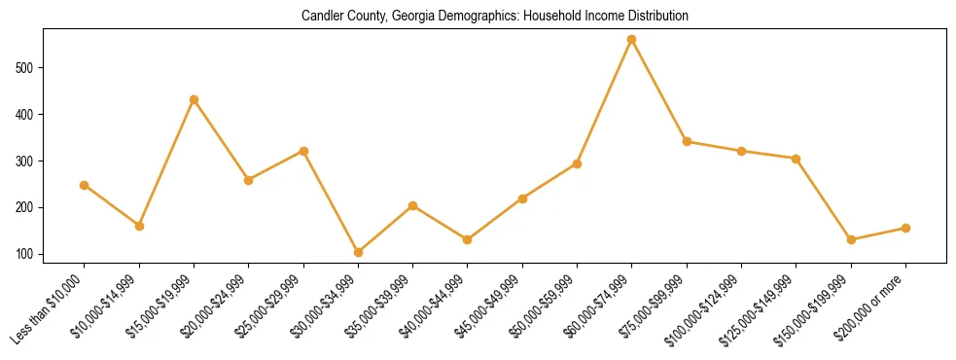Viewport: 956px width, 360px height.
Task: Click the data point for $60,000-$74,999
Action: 632,39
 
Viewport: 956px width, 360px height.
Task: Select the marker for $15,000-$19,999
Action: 195,99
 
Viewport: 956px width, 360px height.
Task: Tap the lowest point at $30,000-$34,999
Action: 358,252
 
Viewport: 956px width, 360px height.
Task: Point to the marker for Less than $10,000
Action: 85,185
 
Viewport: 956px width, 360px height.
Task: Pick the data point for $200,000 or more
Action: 905,228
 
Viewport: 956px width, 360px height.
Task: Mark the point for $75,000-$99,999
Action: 687,141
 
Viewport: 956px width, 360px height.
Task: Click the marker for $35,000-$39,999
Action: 412,205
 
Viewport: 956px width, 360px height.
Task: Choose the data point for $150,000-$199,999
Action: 851,239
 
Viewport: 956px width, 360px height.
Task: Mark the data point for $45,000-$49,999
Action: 522,198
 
